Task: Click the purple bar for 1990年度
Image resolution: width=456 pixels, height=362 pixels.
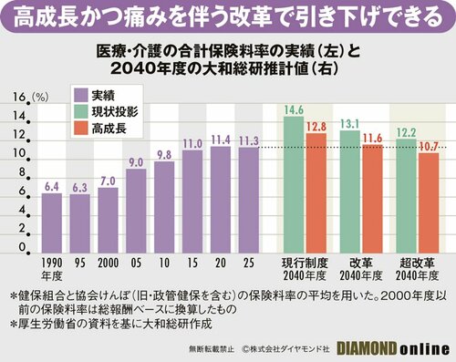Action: (x=52, y=222)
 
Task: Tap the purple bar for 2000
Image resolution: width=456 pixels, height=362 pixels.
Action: (x=109, y=220)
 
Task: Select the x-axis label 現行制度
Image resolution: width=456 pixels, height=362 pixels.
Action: (x=305, y=263)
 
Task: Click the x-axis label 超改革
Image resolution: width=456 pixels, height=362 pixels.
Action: (x=416, y=263)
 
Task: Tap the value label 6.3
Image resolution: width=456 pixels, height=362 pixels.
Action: (x=79, y=188)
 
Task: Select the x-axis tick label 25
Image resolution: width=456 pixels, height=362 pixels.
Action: (x=248, y=263)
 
